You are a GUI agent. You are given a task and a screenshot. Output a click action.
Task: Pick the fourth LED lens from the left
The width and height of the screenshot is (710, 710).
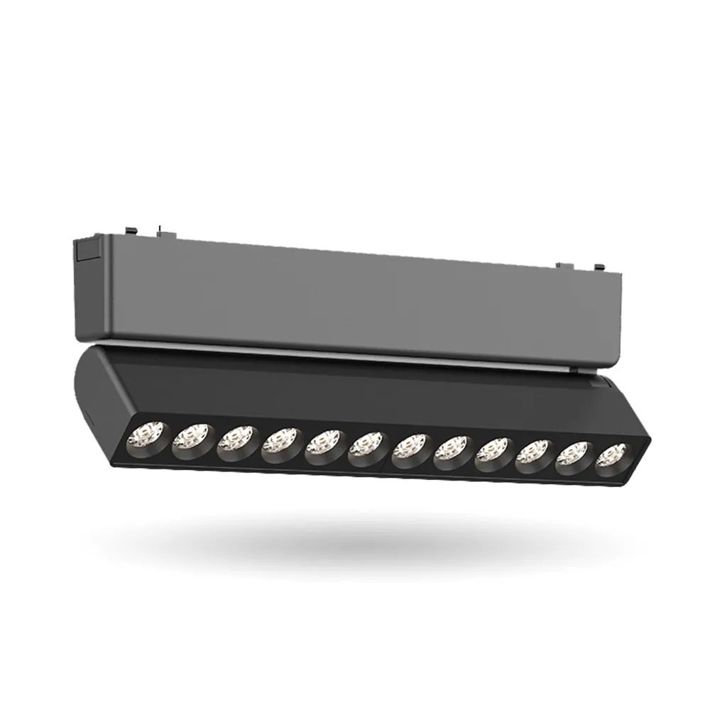[280, 447]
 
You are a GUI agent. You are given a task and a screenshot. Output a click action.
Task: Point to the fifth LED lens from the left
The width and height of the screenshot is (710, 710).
[324, 448]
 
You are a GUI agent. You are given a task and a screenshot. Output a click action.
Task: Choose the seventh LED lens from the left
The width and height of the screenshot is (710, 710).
[410, 451]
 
